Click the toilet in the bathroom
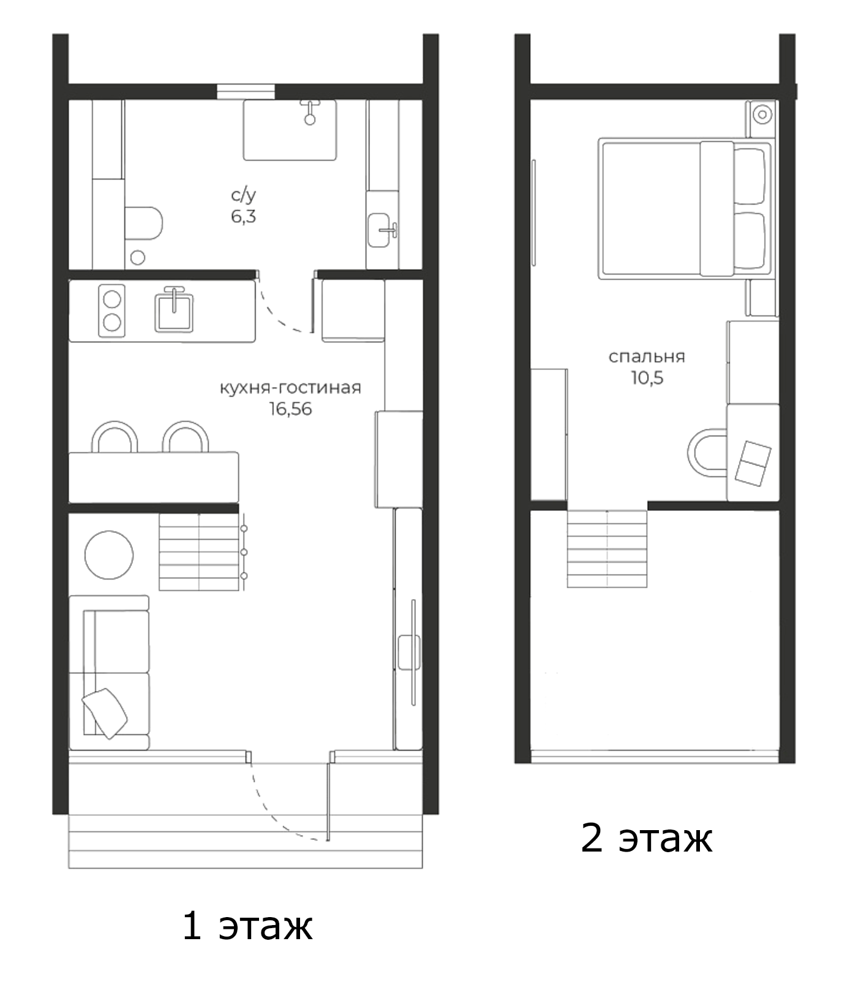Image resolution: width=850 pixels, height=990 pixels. point(143,223)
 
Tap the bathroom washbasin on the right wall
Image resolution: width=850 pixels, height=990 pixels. point(379,230)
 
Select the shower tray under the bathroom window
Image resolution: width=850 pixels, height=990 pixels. point(290,130)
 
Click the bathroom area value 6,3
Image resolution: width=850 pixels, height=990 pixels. point(243,216)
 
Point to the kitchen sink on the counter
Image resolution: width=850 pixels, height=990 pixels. point(174,312)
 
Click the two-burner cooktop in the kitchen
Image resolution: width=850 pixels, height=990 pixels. point(111,311)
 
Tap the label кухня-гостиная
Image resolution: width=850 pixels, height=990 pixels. point(290,388)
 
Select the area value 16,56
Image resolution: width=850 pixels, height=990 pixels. point(290,409)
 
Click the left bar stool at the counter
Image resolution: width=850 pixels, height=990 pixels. point(115,437)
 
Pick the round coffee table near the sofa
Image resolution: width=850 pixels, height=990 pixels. point(109,554)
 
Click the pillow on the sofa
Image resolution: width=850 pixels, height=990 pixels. point(105,712)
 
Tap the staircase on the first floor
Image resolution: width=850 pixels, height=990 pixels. point(199,552)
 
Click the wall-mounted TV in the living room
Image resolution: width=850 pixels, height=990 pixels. point(413,652)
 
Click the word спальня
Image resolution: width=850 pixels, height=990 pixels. point(647,357)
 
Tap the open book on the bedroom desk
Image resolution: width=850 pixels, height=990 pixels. point(753,464)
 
